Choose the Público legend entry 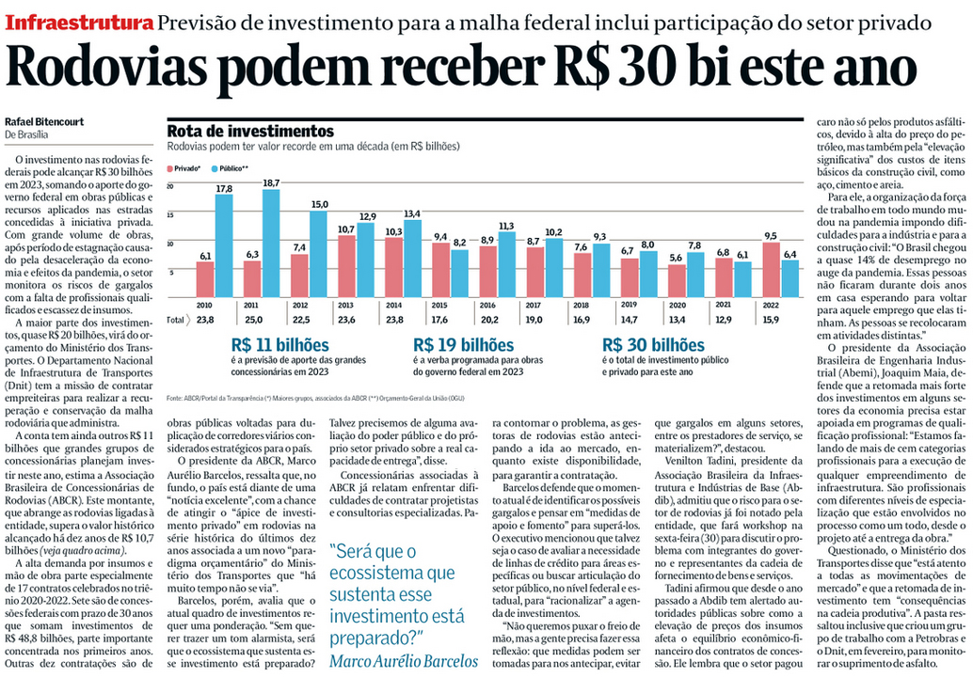click(231, 167)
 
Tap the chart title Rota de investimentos click(249, 132)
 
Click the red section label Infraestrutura click(78, 22)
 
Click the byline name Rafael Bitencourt click(45, 121)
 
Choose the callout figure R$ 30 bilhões click(653, 345)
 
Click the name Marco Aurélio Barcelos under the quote click(404, 660)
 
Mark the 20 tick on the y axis click(170, 186)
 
